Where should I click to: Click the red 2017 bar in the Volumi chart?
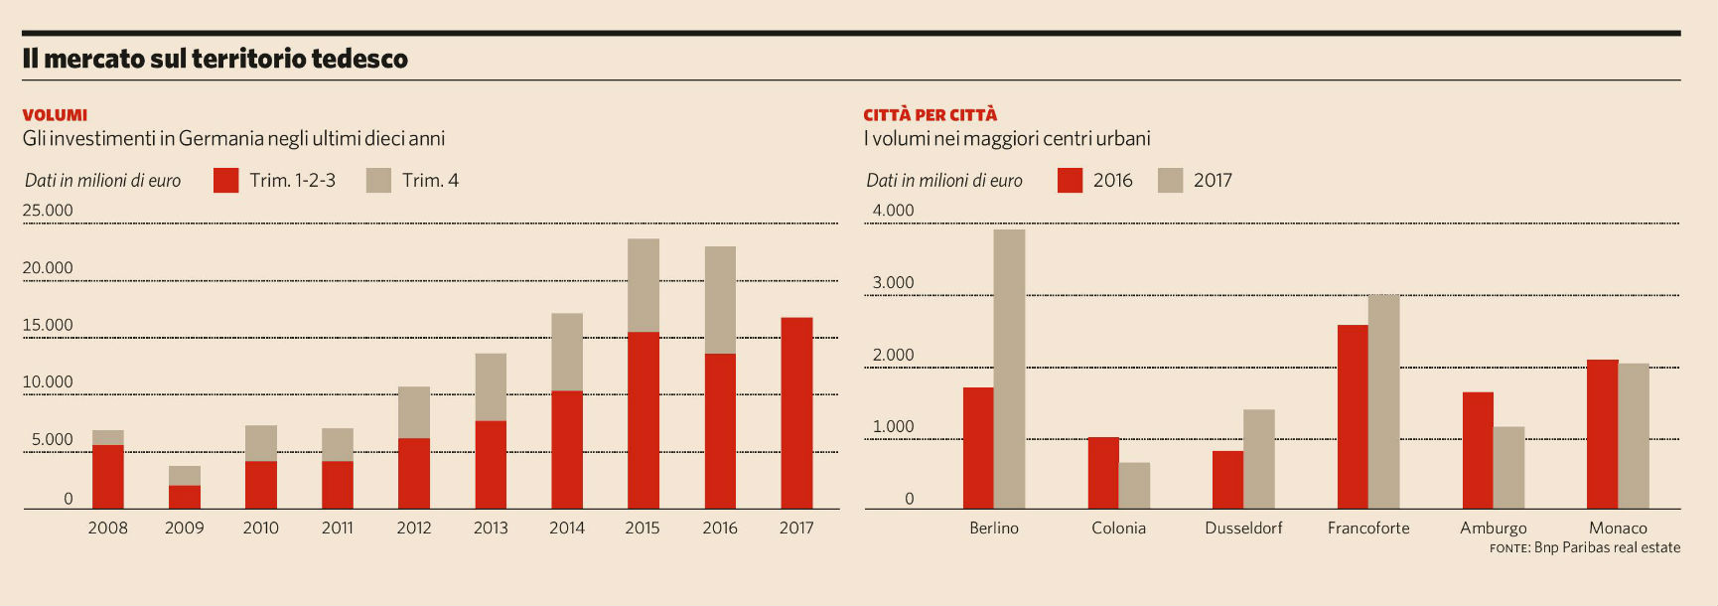796,413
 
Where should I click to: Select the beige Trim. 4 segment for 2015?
644,285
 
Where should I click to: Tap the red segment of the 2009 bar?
184,497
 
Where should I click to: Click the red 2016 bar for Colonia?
1103,473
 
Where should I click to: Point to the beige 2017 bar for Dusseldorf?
1258,459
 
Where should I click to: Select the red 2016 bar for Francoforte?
1353,417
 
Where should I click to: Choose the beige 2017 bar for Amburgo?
1508,468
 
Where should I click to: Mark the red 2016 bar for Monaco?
1602,434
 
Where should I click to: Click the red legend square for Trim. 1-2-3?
226,180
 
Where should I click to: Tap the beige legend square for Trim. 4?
378,180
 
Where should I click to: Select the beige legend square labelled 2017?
1170,180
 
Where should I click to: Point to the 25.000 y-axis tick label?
48,211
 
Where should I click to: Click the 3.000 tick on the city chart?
893,283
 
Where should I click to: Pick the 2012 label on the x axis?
414,528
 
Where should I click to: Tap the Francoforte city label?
1368,528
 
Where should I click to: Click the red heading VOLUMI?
55,115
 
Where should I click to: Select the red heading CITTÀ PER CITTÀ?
930,115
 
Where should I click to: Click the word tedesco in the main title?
359,59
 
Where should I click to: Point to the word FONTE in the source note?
1508,548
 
